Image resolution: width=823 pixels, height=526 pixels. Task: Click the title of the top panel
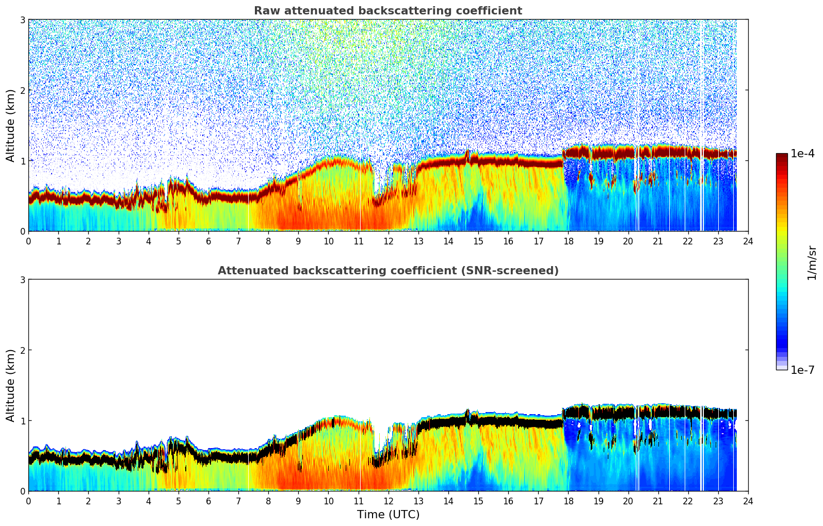click(x=388, y=11)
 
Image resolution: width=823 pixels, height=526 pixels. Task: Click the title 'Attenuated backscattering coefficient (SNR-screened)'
click(x=388, y=271)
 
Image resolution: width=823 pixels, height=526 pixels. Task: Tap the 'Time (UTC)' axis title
click(x=388, y=515)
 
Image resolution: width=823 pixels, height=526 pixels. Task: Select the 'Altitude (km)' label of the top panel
click(x=10, y=125)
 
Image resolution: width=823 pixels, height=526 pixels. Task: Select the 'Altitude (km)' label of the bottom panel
click(x=10, y=385)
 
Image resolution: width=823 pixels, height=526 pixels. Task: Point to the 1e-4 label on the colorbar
click(x=802, y=154)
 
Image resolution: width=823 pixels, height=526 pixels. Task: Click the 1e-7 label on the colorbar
click(x=802, y=370)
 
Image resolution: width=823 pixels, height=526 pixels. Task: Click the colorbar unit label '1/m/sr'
click(x=812, y=262)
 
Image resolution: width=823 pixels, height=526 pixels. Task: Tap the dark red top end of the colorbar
click(x=782, y=156)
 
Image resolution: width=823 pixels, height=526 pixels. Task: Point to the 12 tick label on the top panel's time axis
click(x=388, y=241)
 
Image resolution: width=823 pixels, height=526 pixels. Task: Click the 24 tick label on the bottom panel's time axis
click(x=748, y=501)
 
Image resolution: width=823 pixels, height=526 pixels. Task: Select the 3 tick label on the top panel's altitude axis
click(x=22, y=20)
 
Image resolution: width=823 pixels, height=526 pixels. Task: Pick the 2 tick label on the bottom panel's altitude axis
click(x=22, y=350)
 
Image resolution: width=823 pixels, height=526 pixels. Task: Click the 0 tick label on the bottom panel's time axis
click(x=28, y=501)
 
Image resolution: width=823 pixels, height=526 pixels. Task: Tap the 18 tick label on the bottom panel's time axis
click(x=568, y=501)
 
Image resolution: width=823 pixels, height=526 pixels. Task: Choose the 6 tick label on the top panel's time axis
click(x=208, y=241)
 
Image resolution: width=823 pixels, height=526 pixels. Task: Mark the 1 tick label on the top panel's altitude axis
click(x=22, y=161)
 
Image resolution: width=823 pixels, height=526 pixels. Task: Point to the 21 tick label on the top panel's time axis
click(x=658, y=241)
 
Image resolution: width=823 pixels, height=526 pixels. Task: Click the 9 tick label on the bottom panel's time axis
click(x=298, y=501)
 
